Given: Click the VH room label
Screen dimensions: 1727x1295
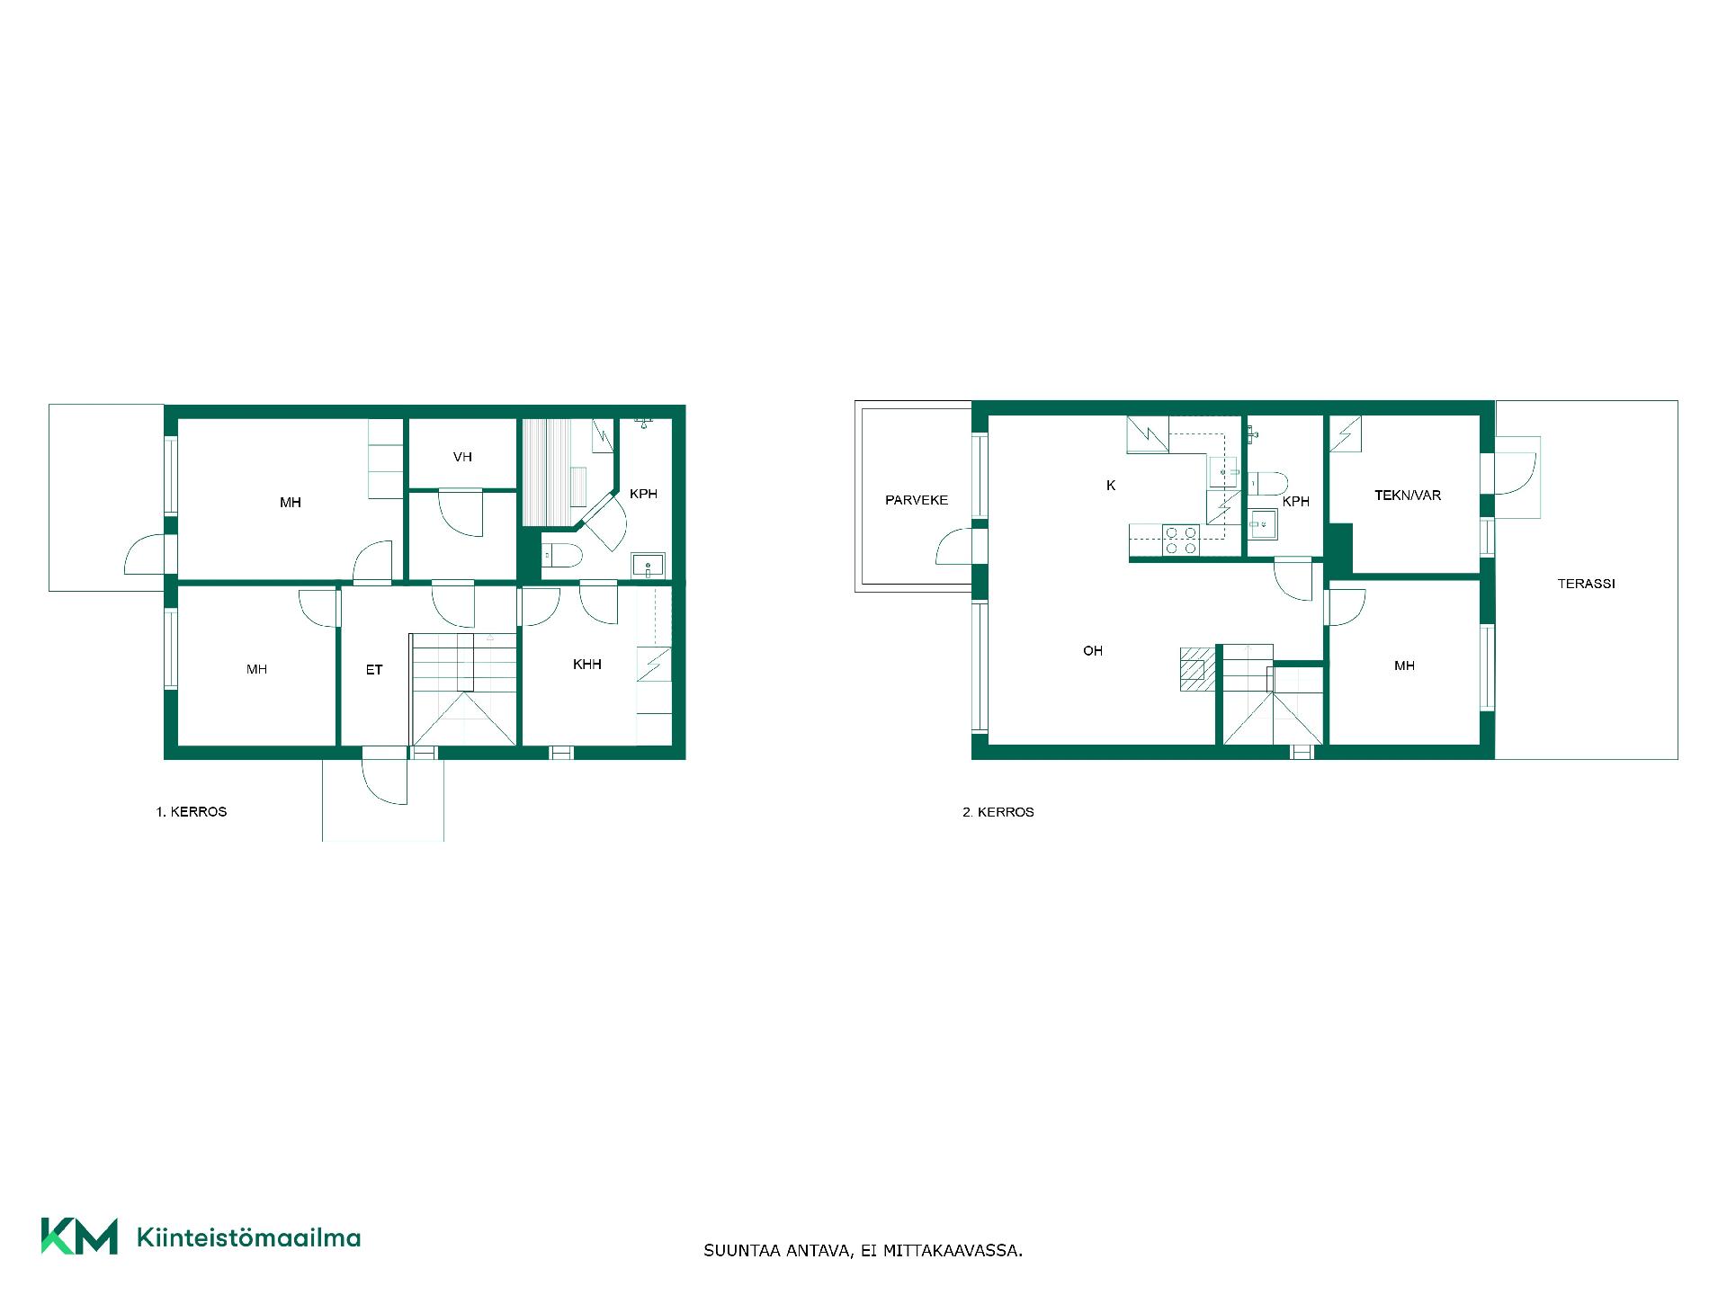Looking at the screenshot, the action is pos(462,457).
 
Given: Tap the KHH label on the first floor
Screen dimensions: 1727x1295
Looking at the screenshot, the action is pos(586,665).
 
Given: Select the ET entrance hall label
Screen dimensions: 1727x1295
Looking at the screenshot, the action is pos(374,670).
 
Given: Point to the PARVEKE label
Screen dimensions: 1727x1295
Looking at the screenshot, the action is pos(917,500).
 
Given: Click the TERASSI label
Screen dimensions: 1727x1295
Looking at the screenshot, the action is pos(1586,584).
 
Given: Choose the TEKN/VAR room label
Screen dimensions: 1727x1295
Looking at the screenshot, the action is pos(1408,496).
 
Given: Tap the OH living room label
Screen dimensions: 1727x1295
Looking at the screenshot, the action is pos(1093,651).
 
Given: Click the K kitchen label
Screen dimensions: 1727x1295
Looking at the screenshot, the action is pos(1111,486).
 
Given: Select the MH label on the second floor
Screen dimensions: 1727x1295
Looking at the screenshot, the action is pos(1404,666).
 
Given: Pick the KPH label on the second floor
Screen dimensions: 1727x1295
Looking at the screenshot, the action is pos(1296,502).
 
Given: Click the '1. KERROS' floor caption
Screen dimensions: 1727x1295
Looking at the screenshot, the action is pos(192,812).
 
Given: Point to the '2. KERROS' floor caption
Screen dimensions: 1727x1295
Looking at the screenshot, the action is pos(998,812).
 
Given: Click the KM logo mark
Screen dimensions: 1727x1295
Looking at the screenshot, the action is pos(79,1237).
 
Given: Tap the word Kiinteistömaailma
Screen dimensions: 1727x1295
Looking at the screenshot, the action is pos(248,1237).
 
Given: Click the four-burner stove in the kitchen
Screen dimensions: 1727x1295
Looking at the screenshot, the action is pos(1181,540).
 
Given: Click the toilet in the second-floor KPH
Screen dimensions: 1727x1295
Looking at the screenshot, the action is pos(1268,484).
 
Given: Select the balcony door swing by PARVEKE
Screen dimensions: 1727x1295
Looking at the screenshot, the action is pos(955,546).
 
